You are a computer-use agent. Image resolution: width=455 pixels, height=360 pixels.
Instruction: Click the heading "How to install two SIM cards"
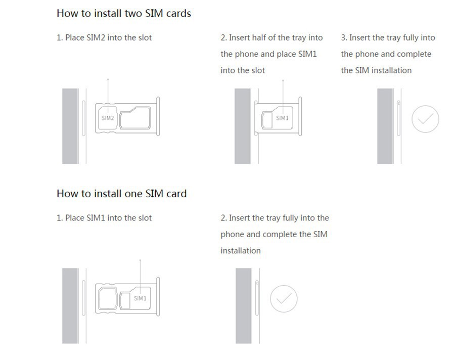124,13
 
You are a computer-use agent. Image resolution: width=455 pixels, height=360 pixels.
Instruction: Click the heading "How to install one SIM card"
121,194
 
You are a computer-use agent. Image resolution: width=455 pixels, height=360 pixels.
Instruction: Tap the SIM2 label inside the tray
108,118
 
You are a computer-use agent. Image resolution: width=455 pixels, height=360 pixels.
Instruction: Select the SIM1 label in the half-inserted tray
282,118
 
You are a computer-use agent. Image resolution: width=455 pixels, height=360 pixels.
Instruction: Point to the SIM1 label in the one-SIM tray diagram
140,298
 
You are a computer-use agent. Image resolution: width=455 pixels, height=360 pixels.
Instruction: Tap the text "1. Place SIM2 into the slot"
104,38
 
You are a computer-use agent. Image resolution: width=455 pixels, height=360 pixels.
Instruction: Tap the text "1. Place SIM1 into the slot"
104,218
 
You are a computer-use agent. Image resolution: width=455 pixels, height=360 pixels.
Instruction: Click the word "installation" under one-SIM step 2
241,251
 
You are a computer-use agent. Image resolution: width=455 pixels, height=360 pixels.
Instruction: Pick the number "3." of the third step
344,38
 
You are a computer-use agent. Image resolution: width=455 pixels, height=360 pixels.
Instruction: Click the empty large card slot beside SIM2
135,118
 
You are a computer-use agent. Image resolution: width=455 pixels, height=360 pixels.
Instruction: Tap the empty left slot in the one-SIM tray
108,298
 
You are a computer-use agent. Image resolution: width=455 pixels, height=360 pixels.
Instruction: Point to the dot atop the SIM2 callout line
108,79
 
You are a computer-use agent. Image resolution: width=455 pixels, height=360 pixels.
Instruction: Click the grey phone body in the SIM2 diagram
70,126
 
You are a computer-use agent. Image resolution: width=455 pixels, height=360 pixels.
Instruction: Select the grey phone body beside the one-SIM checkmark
243,306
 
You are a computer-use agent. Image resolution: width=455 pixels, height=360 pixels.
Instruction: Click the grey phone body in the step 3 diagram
385,126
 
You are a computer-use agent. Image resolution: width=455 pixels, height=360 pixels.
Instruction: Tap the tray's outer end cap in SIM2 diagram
158,116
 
